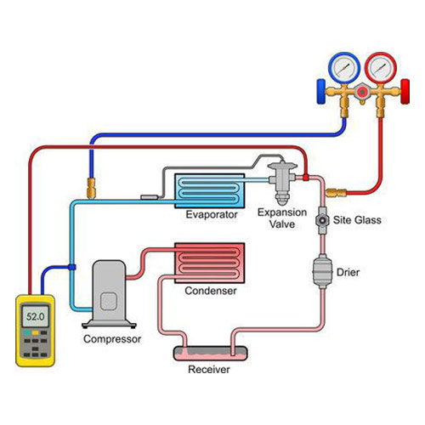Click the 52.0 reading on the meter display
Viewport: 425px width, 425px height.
pyautogui.click(x=36, y=316)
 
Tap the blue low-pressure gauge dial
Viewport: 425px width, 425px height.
pyautogui.click(x=344, y=68)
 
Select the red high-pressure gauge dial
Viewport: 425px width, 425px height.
pyautogui.click(x=380, y=68)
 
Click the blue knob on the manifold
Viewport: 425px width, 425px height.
pyautogui.click(x=321, y=92)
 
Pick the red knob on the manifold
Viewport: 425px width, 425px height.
pyautogui.click(x=405, y=92)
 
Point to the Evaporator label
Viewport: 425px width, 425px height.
pyautogui.click(x=212, y=214)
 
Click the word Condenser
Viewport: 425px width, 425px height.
pyautogui.click(x=211, y=291)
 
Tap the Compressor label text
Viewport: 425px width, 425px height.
pyautogui.click(x=112, y=339)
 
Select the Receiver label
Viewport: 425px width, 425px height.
pyautogui.click(x=209, y=369)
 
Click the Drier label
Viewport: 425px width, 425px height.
pyautogui.click(x=348, y=272)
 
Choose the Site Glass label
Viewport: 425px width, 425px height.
pyautogui.click(x=357, y=220)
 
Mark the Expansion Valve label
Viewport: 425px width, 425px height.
pyautogui.click(x=282, y=218)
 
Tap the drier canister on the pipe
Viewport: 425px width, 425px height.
pyautogui.click(x=322, y=271)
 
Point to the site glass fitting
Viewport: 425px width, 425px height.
pyautogui.click(x=322, y=220)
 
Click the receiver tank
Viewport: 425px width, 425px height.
pyautogui.click(x=210, y=354)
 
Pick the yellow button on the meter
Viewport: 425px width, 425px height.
pyautogui.click(x=35, y=332)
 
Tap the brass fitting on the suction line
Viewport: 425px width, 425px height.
pyautogui.click(x=91, y=188)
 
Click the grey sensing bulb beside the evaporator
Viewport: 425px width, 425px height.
pyautogui.click(x=149, y=197)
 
